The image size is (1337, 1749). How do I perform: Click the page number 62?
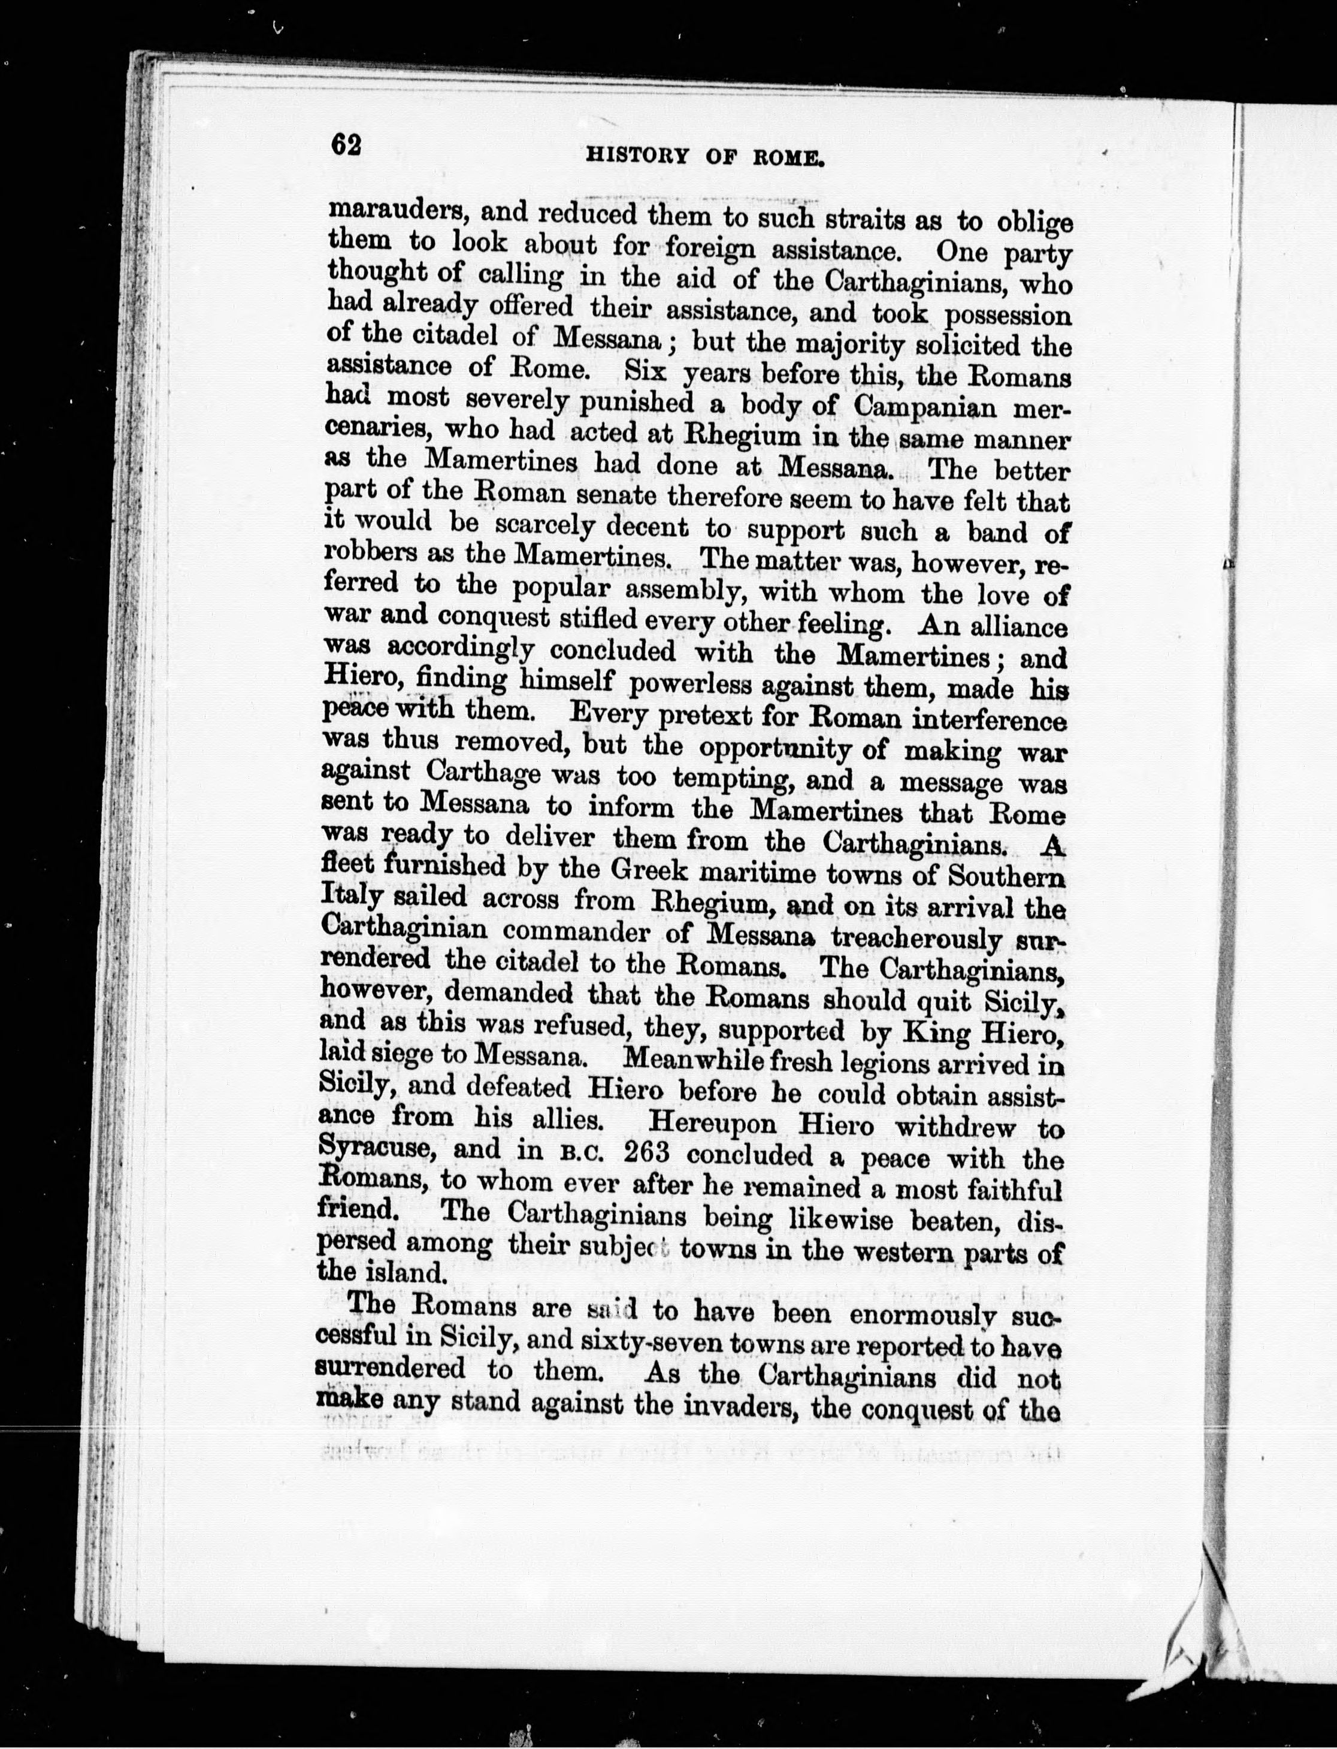tap(346, 146)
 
